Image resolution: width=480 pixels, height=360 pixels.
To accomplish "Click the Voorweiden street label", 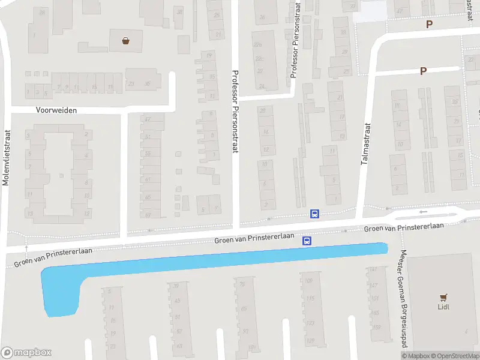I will tap(56, 110).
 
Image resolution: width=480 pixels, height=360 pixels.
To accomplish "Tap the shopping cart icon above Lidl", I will tap(443, 297).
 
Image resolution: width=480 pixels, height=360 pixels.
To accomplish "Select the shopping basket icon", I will tap(126, 41).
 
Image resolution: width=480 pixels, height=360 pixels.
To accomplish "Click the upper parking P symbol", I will tap(428, 25).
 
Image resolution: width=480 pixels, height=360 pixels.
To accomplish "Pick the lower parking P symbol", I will tap(423, 71).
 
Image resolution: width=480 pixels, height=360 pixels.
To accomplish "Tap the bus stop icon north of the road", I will tap(314, 214).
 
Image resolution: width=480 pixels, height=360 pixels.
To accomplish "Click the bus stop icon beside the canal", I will tap(307, 241).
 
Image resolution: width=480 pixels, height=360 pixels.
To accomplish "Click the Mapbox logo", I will tap(26, 352).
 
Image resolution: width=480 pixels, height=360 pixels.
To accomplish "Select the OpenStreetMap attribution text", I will tap(452, 356).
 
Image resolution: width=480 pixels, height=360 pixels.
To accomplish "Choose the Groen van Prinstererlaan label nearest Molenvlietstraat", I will tap(52, 258).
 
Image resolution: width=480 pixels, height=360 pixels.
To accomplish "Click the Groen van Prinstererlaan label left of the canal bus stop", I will tap(254, 238).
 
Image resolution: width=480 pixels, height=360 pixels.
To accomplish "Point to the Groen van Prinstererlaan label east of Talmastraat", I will tap(404, 227).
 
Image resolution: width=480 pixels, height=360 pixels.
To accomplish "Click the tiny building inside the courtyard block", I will tap(61, 176).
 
